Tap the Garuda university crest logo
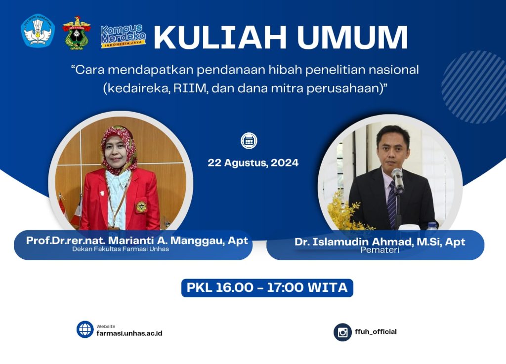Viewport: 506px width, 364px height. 77,33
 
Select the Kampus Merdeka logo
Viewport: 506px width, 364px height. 124,36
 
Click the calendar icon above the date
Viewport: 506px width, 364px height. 249,141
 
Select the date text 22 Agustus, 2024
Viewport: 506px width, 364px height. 253,163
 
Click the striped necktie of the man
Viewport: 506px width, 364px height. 391,202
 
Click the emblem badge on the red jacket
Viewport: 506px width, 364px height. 141,206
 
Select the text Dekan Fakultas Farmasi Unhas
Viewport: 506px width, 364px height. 121,249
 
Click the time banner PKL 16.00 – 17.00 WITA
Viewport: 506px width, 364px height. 267,287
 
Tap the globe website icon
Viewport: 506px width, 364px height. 85,329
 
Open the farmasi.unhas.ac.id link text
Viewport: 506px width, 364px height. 129,333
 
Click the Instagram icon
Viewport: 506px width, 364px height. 342,332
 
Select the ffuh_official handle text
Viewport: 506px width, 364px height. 376,331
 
